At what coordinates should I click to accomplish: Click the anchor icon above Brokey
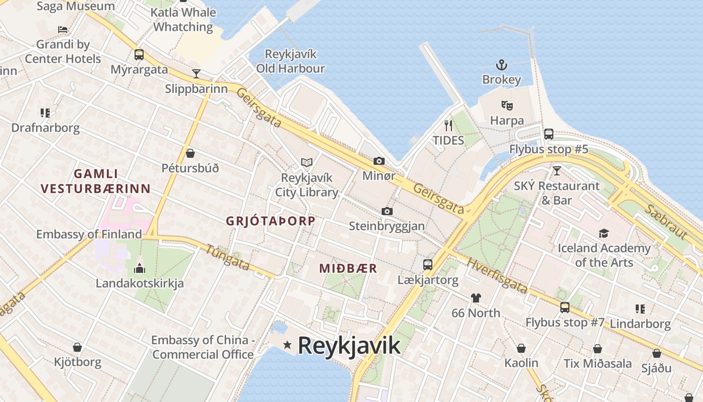501,65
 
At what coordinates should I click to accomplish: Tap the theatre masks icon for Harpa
507,106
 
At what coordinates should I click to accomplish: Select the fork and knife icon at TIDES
448,125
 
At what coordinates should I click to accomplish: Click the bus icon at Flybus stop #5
549,134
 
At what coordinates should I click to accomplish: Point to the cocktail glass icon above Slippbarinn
196,74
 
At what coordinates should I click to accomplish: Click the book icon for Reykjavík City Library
307,162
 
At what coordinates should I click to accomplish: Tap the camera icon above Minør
379,161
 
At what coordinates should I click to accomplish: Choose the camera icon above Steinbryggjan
387,211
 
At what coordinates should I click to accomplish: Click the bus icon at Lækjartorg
428,264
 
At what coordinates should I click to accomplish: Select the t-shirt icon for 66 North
476,297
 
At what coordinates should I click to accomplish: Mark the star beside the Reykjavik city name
287,345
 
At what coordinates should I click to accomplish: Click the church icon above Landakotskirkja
140,268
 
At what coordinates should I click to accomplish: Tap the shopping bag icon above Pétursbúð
190,153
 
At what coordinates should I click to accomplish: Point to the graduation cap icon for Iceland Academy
604,233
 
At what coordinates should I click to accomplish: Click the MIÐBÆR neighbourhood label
348,268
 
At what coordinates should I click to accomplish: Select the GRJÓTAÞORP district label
271,221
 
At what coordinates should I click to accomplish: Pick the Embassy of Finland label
89,234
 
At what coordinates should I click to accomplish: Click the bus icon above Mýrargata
139,54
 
